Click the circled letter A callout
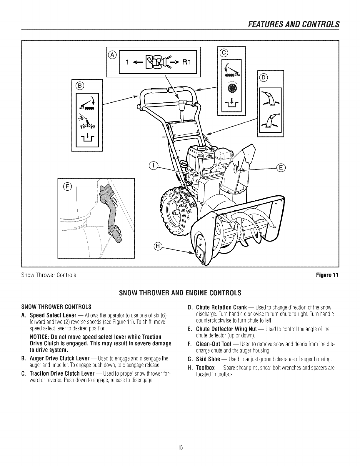(112, 54)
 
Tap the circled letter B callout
(80, 86)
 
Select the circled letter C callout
(224, 53)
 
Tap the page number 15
(180, 448)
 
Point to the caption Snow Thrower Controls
(49, 275)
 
